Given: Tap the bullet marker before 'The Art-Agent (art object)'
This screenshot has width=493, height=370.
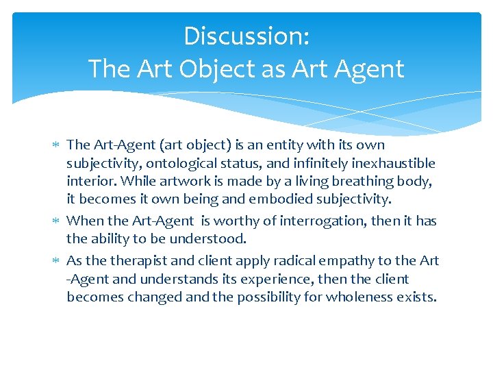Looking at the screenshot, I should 56,145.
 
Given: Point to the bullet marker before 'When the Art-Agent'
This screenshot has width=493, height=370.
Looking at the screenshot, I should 56,221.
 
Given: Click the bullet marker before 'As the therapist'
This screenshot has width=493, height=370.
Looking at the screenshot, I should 56,261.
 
